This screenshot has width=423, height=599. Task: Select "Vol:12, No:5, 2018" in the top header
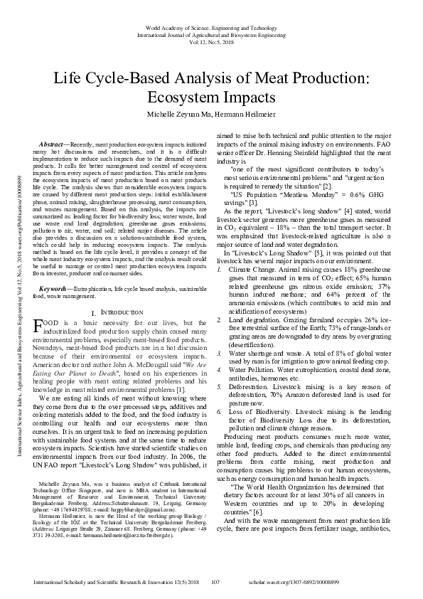211,41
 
